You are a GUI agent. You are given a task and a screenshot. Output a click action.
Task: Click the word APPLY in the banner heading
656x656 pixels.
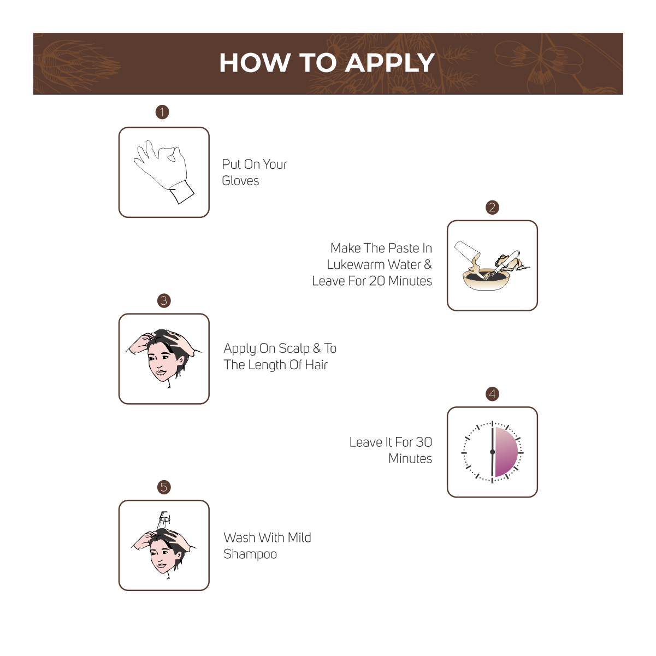(x=390, y=63)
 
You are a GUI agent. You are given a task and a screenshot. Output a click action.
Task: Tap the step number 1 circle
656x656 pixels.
(x=162, y=112)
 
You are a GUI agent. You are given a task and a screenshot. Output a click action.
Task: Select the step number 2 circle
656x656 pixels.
(x=492, y=208)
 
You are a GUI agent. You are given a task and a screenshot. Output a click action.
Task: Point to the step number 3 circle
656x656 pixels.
(x=164, y=300)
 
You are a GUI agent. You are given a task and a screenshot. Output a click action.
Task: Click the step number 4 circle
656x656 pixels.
(x=492, y=394)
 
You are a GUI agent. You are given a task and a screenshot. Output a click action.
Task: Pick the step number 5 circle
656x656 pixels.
(x=164, y=487)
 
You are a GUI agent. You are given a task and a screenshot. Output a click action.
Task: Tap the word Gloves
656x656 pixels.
(x=240, y=181)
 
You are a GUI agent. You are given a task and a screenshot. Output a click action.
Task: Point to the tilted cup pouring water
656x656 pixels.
(x=467, y=251)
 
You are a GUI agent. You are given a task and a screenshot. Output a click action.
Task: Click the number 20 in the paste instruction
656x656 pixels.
(x=377, y=281)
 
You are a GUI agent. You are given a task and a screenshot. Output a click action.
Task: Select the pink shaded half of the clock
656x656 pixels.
(x=506, y=452)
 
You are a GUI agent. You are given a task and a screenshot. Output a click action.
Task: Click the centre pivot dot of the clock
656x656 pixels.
(x=492, y=452)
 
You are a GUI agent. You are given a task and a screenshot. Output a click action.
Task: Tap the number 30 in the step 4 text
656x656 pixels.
(x=424, y=442)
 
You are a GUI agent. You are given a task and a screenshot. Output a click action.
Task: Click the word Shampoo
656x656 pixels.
(x=250, y=554)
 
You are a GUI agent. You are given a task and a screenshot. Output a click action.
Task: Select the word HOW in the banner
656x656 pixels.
(x=255, y=63)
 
